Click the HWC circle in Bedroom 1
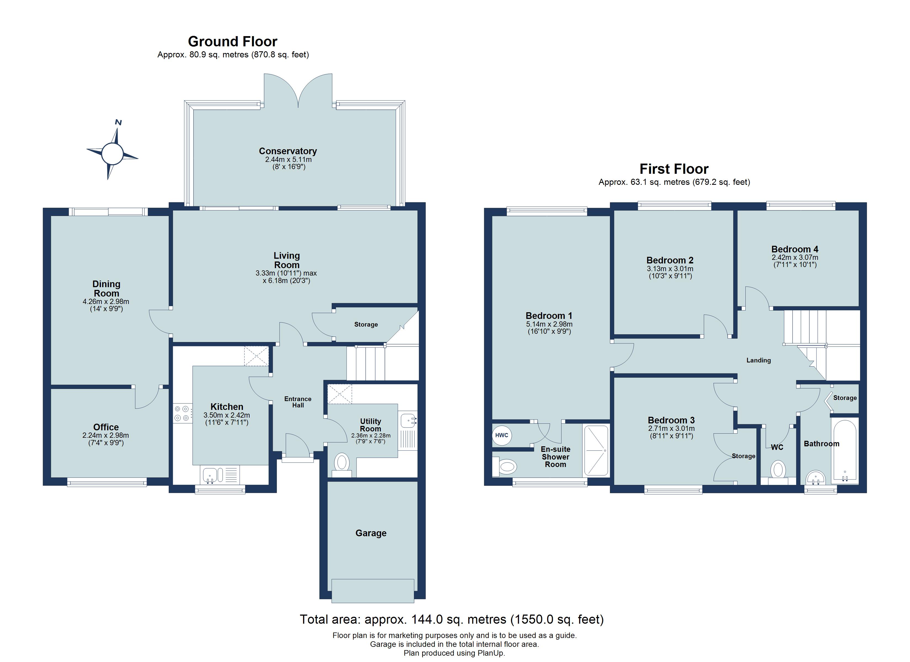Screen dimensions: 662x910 [x=502, y=435]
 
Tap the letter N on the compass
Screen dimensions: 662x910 [x=118, y=122]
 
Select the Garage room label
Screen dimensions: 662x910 [x=371, y=533]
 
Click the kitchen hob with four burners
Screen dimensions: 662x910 [x=182, y=413]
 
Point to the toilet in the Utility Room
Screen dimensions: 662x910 [x=341, y=463]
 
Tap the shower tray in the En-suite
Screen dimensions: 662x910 [x=596, y=450]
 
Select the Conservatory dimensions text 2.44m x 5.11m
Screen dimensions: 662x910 [x=288, y=159]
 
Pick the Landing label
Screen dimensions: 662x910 [x=758, y=360]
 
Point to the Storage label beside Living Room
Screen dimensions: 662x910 [x=366, y=324]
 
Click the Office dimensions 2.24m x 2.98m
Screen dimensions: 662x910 [x=106, y=435]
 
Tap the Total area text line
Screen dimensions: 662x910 [x=451, y=620]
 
